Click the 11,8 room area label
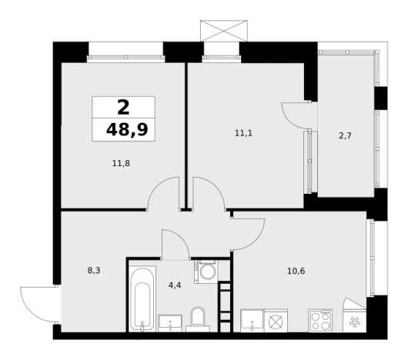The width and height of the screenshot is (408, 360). click(121, 164)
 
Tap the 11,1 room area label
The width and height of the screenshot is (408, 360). click(243, 133)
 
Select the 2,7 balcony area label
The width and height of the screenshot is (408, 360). click(346, 135)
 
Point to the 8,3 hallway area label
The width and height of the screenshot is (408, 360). click(94, 271)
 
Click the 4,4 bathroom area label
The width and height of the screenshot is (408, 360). click(175, 285)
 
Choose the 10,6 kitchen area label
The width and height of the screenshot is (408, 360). click(296, 272)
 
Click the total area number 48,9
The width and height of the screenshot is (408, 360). click(127, 130)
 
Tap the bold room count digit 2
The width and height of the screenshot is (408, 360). click(123, 108)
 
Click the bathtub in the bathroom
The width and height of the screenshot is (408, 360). click(142, 299)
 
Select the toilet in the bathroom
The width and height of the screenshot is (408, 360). click(198, 319)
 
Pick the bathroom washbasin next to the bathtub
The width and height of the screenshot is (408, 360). click(170, 323)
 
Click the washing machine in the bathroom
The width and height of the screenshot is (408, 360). click(206, 272)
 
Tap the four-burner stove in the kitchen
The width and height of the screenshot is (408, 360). click(320, 321)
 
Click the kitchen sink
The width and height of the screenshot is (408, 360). click(252, 321)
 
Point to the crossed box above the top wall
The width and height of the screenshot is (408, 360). click(224, 31)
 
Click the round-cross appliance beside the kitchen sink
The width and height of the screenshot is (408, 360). click(276, 321)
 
